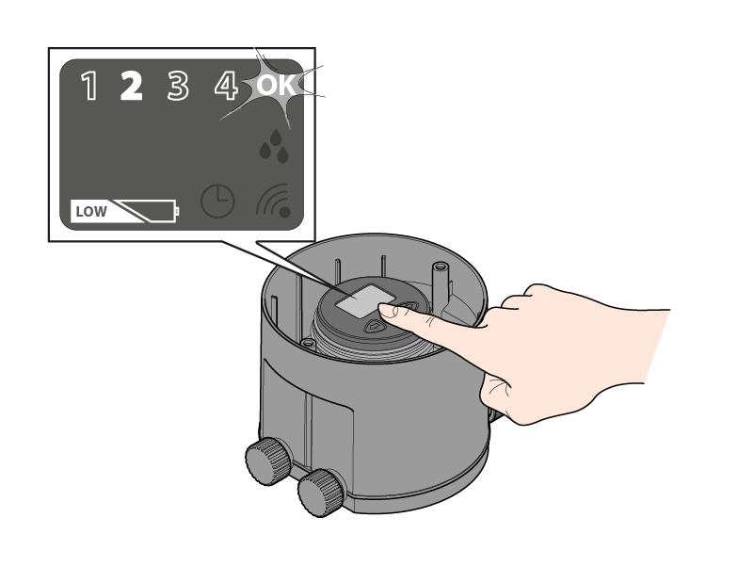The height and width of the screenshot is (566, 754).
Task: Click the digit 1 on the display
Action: tap(90, 86)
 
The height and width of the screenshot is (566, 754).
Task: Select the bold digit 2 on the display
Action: tap(131, 86)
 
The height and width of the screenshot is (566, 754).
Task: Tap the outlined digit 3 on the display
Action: tap(178, 86)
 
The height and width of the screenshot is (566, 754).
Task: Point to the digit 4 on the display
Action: tap(226, 86)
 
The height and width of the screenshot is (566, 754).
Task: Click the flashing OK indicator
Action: tap(276, 85)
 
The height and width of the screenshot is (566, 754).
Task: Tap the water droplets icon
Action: tap(274, 146)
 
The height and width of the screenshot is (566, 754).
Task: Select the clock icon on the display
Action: tap(217, 202)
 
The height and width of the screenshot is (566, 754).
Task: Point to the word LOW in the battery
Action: tap(91, 212)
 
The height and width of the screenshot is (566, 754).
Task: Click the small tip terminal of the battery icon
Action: tap(178, 211)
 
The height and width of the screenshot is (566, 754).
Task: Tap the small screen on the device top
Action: tap(361, 301)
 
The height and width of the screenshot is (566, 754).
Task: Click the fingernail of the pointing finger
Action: tap(388, 312)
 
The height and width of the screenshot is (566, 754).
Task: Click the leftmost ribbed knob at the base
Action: tap(268, 461)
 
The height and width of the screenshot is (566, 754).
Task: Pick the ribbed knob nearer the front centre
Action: tap(321, 493)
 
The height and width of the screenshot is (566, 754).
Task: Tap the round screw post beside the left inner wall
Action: tap(308, 343)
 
